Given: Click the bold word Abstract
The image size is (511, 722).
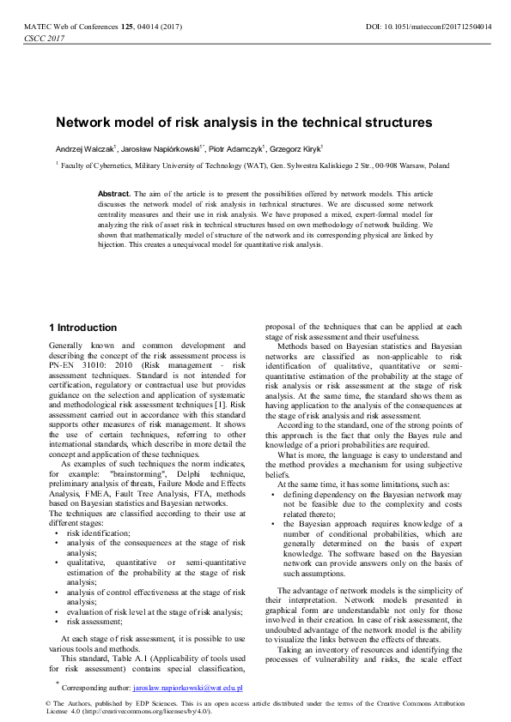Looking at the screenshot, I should tap(113, 195).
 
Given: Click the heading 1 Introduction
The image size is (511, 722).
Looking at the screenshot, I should tap(82, 328).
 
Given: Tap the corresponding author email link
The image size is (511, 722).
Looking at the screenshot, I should tap(188, 688).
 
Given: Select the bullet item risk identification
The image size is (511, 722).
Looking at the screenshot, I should tap(98, 532).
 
